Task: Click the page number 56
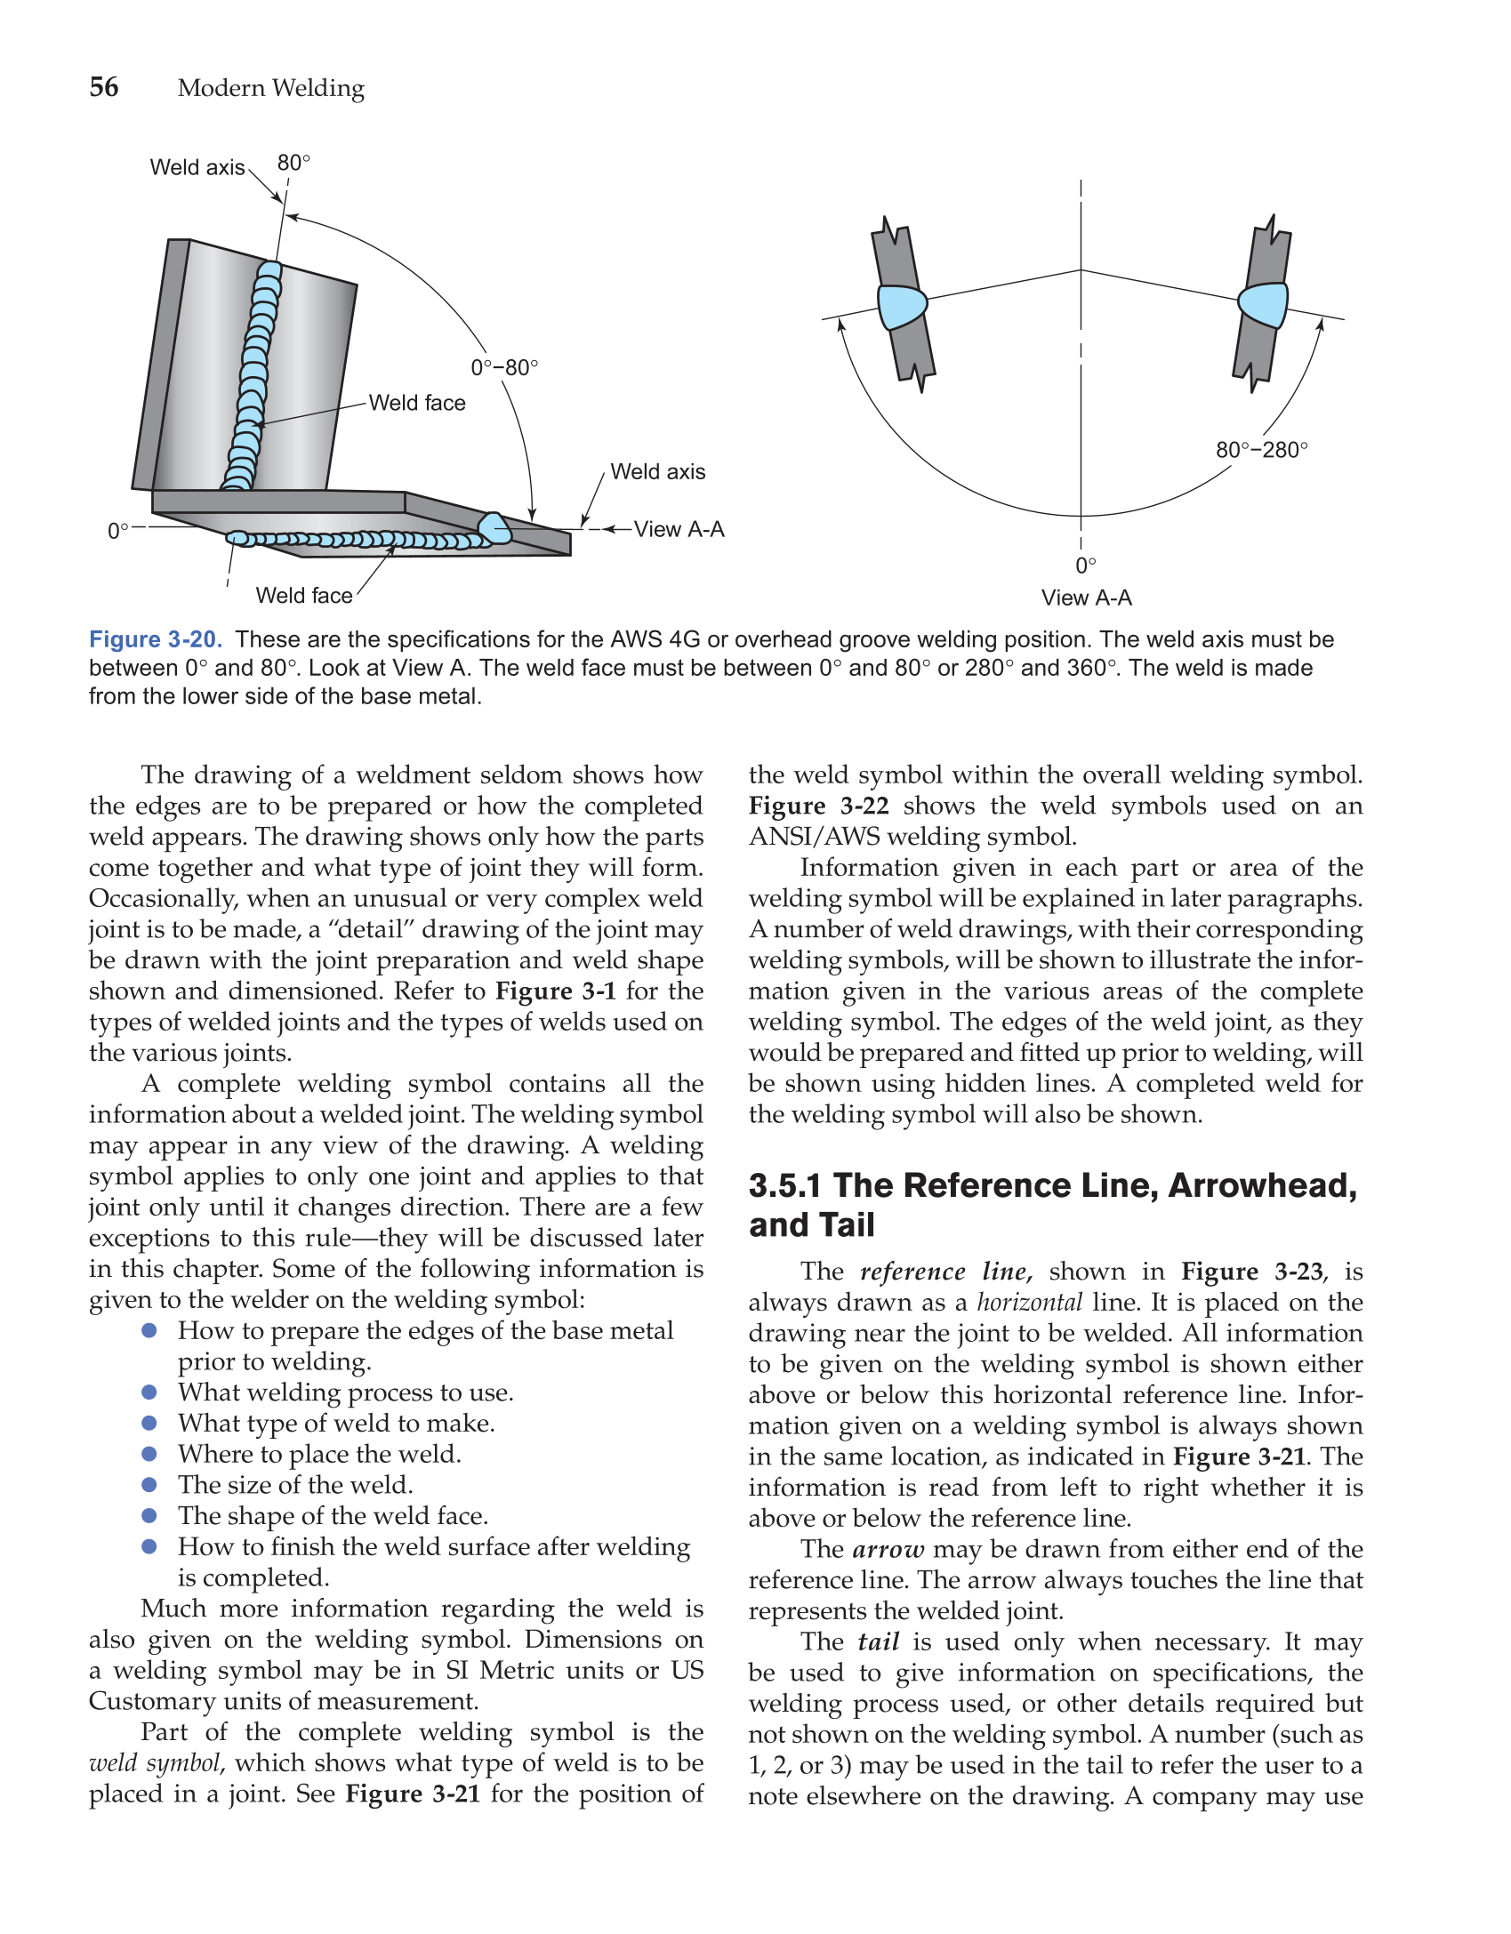coord(104,87)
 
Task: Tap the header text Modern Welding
coord(270,88)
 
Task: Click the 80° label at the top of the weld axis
coord(293,163)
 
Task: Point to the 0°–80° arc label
coord(504,367)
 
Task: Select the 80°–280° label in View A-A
coord(1261,450)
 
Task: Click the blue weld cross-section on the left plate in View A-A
coord(902,308)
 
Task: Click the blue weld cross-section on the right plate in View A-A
coord(1264,305)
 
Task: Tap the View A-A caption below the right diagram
coord(1086,598)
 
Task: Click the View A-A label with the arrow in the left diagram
coord(679,529)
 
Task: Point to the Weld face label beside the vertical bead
coord(417,403)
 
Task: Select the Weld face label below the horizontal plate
coord(304,596)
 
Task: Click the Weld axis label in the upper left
coord(197,167)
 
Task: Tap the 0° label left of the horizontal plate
coord(118,531)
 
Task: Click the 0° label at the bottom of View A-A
coord(1085,566)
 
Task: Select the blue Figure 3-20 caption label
coord(156,639)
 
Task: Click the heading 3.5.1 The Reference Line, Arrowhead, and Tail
coord(1052,1204)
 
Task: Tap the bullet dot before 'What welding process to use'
coord(149,1392)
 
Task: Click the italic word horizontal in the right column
coord(1029,1303)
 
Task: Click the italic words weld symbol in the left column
coord(155,1763)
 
